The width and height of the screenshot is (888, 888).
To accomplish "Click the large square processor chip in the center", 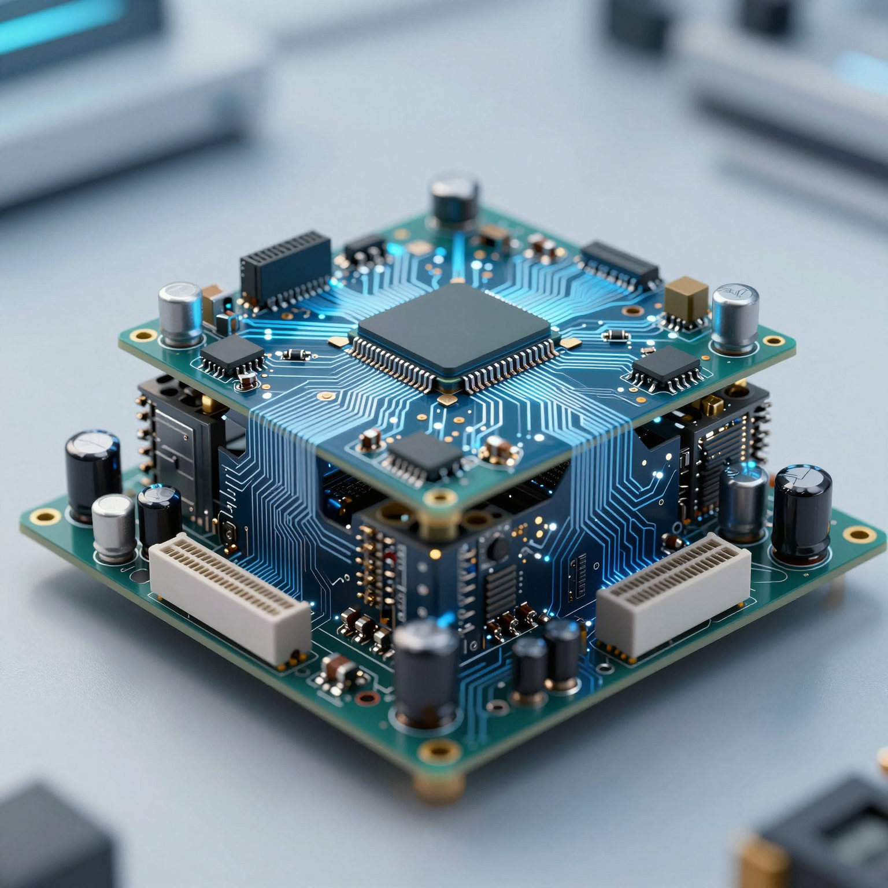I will coord(454,327).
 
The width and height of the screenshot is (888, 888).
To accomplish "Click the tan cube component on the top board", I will coord(686,297).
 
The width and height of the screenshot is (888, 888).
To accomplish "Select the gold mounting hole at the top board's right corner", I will coord(773,341).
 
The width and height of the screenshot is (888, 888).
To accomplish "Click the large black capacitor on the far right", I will coord(801,513).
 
